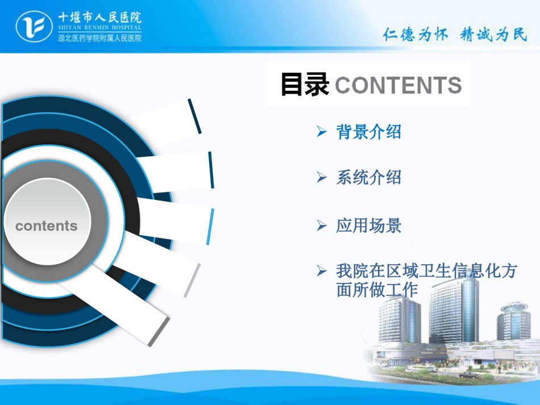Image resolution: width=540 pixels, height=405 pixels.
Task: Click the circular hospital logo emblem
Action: pos(34,27)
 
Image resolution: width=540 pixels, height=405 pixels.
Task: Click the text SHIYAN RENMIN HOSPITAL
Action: pos(99,27)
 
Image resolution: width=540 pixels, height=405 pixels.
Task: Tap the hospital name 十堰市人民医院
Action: pos(99,17)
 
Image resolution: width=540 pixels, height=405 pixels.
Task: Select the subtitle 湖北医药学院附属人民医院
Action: pos(99,38)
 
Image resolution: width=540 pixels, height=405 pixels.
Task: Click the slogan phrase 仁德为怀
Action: pos(416,35)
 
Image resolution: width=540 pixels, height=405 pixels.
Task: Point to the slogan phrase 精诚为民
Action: pos(493,35)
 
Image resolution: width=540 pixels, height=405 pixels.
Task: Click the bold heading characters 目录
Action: pos(305,84)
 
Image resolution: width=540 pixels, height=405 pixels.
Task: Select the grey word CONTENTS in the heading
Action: pos(398,85)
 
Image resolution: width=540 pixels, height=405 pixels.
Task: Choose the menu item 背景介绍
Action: pos(368,132)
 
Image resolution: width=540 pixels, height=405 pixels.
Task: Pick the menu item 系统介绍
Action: pos(368,177)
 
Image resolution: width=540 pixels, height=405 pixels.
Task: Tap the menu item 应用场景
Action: pos(368,226)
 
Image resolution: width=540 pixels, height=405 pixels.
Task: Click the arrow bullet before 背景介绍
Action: pos(322,131)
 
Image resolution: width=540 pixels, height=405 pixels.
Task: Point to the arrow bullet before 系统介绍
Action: pos(322,177)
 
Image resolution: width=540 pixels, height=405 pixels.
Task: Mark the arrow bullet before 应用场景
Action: pos(322,226)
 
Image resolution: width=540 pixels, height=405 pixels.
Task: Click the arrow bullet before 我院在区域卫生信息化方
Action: pos(322,271)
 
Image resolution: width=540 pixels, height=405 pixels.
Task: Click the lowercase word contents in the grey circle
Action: pos(47,226)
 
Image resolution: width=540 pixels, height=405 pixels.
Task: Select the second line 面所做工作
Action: pos(377,290)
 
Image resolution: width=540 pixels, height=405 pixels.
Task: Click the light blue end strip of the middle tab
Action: pos(210,227)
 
